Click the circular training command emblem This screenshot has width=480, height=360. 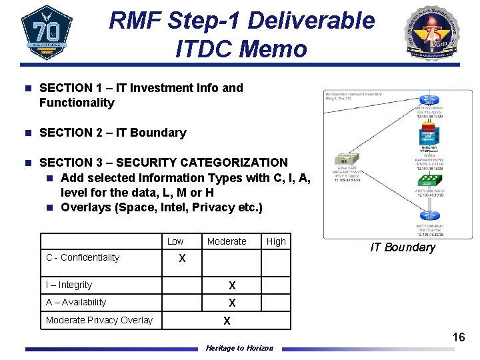433,33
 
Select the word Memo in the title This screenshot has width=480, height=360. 275,49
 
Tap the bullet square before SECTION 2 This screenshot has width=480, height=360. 27,133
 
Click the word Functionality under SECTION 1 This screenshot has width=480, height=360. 77,103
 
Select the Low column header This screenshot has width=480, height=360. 175,241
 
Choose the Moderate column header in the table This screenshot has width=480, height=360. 227,241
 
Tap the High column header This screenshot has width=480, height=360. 276,241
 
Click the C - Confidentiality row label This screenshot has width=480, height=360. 83,257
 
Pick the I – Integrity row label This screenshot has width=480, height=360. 69,285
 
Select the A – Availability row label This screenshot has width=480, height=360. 76,302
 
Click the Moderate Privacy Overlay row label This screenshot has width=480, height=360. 99,320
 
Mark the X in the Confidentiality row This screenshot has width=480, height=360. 181,258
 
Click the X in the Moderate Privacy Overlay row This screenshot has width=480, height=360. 227,321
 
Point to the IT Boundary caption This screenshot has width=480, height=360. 403,247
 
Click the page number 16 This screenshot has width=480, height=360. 459,337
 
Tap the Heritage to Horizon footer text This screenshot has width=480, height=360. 239,348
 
